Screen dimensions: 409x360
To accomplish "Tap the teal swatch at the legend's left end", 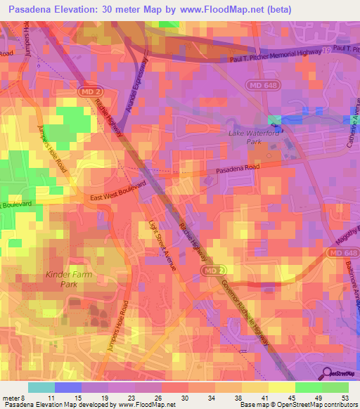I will pyautogui.click(x=41, y=387).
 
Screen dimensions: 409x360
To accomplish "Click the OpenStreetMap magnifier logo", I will pyautogui.click(x=327, y=375).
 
